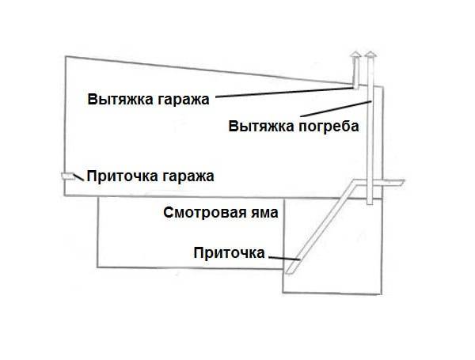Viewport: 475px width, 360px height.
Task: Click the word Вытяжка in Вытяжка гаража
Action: [120, 99]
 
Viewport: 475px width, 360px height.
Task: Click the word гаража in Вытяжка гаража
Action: [183, 100]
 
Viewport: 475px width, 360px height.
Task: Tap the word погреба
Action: [329, 127]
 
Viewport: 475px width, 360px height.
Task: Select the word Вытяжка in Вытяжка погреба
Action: [261, 126]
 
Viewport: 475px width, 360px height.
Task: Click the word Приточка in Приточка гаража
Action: [123, 176]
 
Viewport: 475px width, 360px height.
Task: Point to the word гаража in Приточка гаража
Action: [188, 176]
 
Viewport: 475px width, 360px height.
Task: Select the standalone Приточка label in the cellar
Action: [230, 252]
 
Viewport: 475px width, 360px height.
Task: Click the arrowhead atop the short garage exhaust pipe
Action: [355, 55]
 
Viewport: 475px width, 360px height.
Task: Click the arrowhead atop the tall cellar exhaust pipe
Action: [370, 55]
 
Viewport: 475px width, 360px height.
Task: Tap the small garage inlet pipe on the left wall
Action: [67, 176]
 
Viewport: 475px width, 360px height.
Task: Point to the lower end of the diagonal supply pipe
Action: [290, 273]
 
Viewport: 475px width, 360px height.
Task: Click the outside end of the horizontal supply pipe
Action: [402, 182]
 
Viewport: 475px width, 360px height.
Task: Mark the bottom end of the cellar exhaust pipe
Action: [370, 203]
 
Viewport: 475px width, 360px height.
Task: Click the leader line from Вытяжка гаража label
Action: [284, 93]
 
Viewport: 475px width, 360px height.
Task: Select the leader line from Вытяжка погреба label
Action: [336, 108]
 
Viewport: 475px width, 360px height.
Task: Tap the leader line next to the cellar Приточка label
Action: [284, 259]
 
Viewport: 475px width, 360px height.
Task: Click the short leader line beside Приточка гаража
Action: [78, 177]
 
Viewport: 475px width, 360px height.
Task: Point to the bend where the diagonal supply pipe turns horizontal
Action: [355, 182]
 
